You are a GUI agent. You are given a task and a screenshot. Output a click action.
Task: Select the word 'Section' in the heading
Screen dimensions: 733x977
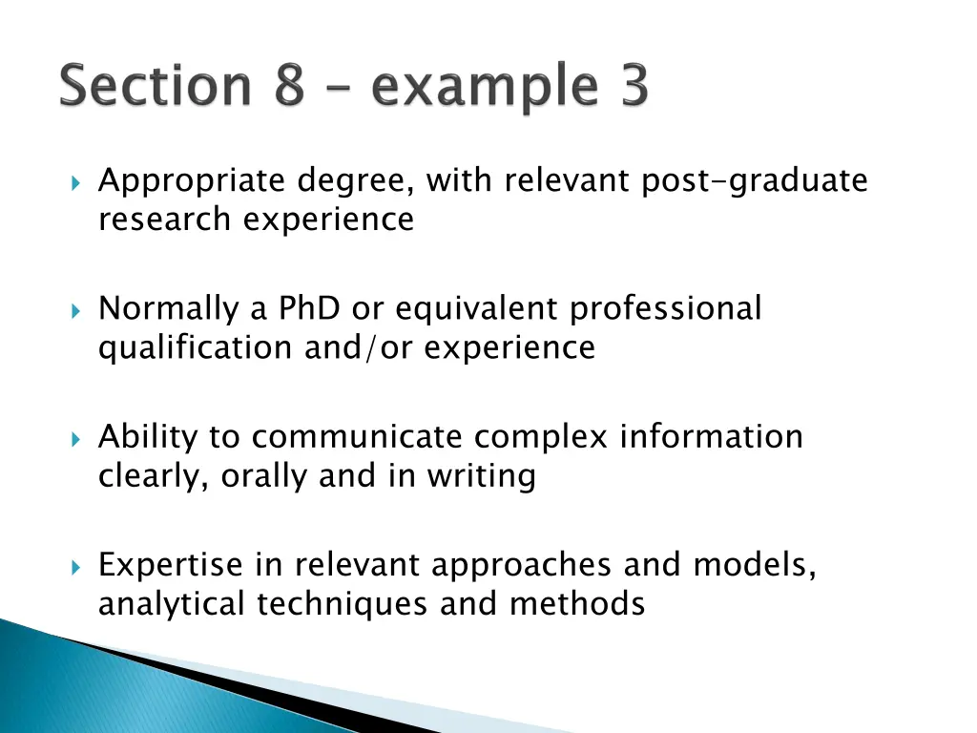click(153, 89)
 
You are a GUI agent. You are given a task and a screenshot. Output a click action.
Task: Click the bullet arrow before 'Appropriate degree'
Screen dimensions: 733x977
click(77, 181)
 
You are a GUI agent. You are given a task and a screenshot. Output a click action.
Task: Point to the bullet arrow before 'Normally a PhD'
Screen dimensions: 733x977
click(77, 310)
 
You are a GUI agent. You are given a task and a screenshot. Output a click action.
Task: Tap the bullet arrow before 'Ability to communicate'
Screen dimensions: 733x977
click(77, 438)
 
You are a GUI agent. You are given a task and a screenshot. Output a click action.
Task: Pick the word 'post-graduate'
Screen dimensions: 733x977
click(755, 181)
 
